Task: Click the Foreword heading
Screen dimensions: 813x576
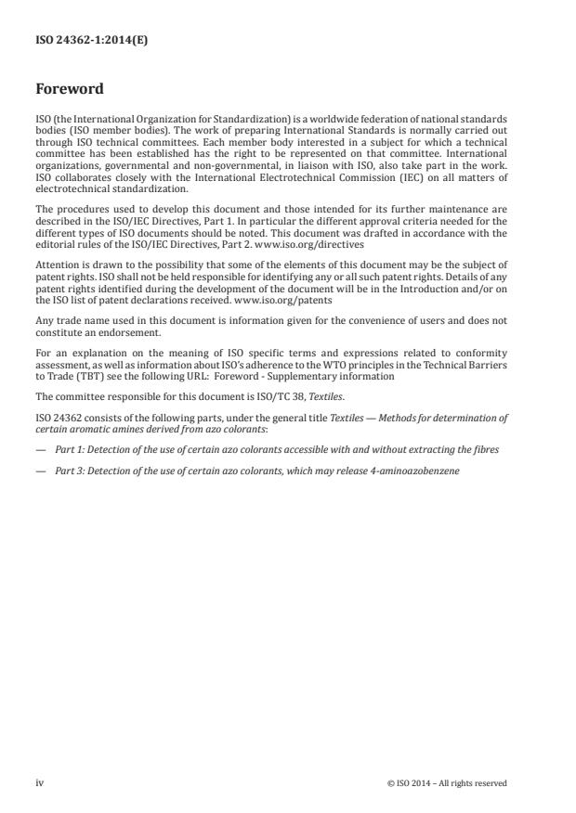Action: coord(69,90)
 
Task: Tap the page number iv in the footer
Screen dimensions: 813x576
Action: coord(40,783)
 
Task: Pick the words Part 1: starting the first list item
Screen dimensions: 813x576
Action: coord(69,449)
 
